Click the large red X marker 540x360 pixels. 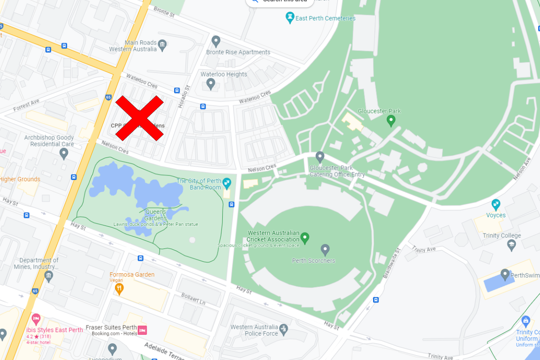[139, 118]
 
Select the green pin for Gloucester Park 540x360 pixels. [391, 121]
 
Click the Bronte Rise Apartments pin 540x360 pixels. [216, 41]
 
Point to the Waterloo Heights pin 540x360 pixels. [210, 84]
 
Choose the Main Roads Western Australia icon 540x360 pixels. [162, 45]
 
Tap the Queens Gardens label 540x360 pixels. [155, 215]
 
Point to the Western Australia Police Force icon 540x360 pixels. [283, 329]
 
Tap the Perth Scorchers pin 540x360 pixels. [325, 250]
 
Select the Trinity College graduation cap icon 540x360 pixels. [511, 245]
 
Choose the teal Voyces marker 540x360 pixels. [496, 204]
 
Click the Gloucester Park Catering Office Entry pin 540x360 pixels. [320, 157]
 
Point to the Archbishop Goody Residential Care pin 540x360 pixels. [64, 154]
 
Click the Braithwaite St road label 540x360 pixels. [391, 263]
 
